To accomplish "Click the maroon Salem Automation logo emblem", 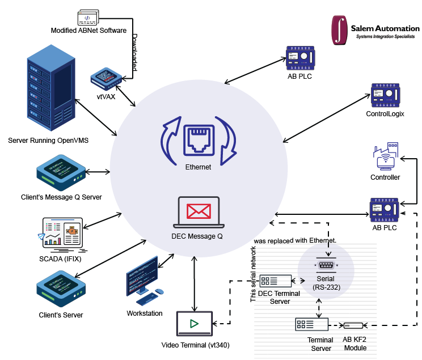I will coord(340,29).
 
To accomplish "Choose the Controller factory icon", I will coord(385,159).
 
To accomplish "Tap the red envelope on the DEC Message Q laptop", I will coord(199,211).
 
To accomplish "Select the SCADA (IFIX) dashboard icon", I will coord(62,232).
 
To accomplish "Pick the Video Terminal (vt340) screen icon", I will coord(194,324).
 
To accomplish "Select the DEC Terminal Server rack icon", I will coord(276,281).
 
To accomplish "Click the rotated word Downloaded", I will coord(135,52).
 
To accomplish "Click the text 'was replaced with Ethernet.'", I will coord(295,240).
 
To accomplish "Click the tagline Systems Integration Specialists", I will coord(385,37).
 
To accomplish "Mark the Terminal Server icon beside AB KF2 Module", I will coord(311,324).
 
